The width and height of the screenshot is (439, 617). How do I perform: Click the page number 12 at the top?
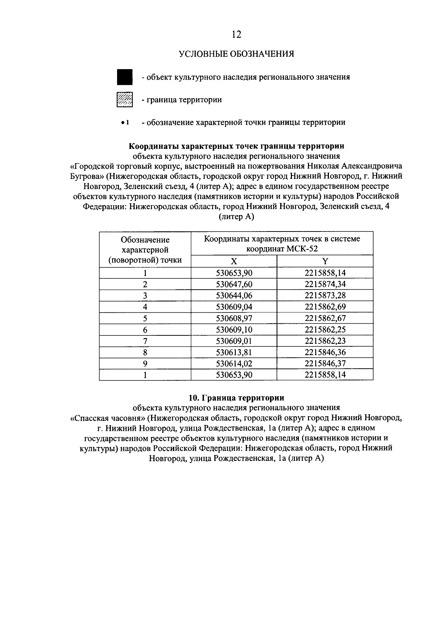(236, 34)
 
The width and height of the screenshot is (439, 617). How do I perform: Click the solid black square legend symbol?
(124, 77)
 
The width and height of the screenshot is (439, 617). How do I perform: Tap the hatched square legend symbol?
(124, 99)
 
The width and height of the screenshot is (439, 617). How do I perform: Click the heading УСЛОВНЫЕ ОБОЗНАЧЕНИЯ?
(236, 54)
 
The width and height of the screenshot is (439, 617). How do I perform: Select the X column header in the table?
(234, 261)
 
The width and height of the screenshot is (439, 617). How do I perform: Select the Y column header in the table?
(325, 261)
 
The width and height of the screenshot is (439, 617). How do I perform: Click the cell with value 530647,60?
(234, 284)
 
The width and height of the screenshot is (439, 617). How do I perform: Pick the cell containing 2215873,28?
(325, 296)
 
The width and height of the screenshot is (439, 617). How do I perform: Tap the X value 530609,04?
(234, 307)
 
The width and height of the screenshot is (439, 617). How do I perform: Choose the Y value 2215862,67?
(325, 318)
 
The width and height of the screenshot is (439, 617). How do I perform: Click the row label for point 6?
(145, 330)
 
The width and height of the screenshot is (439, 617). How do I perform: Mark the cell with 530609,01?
(234, 341)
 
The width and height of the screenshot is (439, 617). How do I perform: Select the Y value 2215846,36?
(325, 352)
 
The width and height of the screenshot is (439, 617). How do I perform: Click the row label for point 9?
(145, 364)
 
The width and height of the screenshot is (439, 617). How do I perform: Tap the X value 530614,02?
(234, 364)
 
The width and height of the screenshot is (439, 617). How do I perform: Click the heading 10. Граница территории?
(236, 398)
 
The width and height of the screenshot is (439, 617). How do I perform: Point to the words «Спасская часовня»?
(108, 418)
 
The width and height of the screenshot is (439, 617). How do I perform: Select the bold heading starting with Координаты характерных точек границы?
(236, 146)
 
